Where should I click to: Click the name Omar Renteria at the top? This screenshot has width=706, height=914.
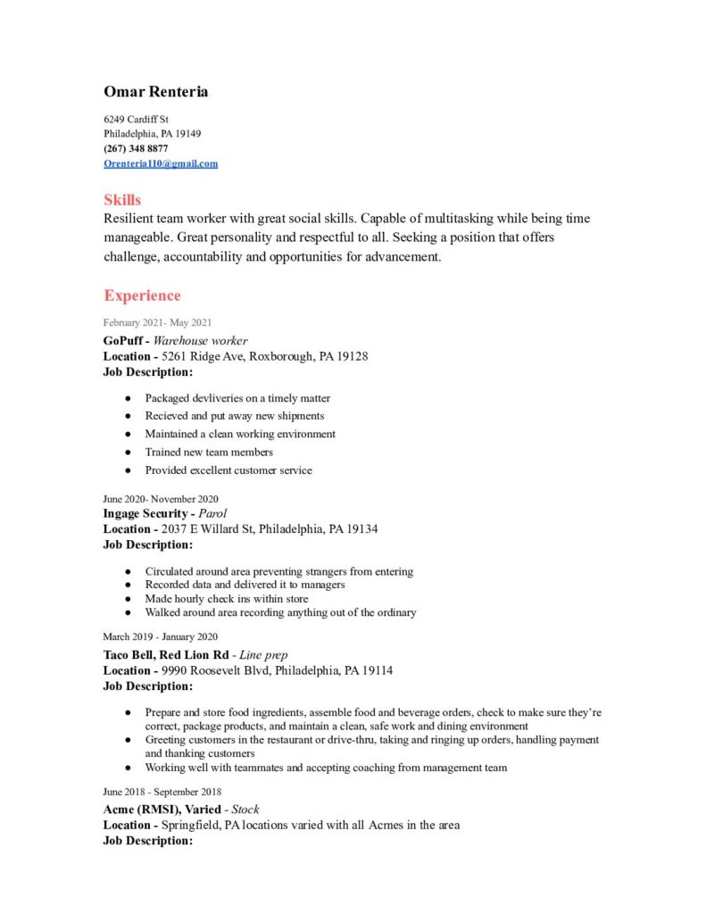tap(156, 92)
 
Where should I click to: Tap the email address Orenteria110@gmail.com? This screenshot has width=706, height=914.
tap(161, 163)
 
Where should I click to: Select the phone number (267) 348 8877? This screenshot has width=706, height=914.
tap(136, 148)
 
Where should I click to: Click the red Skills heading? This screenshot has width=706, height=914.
tap(122, 199)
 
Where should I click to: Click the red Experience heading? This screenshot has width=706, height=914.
tap(142, 295)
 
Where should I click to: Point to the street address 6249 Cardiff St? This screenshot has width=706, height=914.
tap(137, 119)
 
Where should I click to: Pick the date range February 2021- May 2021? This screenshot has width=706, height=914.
tap(157, 322)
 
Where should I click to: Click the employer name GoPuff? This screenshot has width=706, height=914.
tap(123, 340)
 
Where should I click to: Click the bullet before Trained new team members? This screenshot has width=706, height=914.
tap(129, 452)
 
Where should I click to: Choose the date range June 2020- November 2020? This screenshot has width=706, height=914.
tap(161, 499)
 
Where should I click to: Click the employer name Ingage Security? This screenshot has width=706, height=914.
tap(145, 513)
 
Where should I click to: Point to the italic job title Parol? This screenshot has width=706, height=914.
tap(212, 513)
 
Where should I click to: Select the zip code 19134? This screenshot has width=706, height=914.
tap(361, 528)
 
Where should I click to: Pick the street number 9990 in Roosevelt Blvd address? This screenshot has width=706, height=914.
tap(177, 670)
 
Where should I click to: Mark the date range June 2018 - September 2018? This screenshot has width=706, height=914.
tap(162, 792)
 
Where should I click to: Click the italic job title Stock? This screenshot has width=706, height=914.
tap(245, 809)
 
